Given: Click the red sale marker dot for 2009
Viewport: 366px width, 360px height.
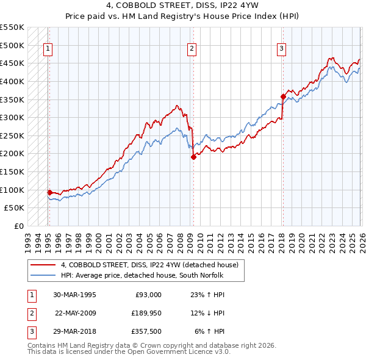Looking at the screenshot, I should click(193, 157).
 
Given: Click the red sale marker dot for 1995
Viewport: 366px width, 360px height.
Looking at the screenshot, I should click(49, 192).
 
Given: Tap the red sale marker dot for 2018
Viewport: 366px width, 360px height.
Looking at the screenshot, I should click(283, 96).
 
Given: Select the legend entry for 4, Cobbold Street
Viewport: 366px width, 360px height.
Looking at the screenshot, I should click(152, 264).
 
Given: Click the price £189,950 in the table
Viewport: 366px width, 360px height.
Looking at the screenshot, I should click(145, 313).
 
